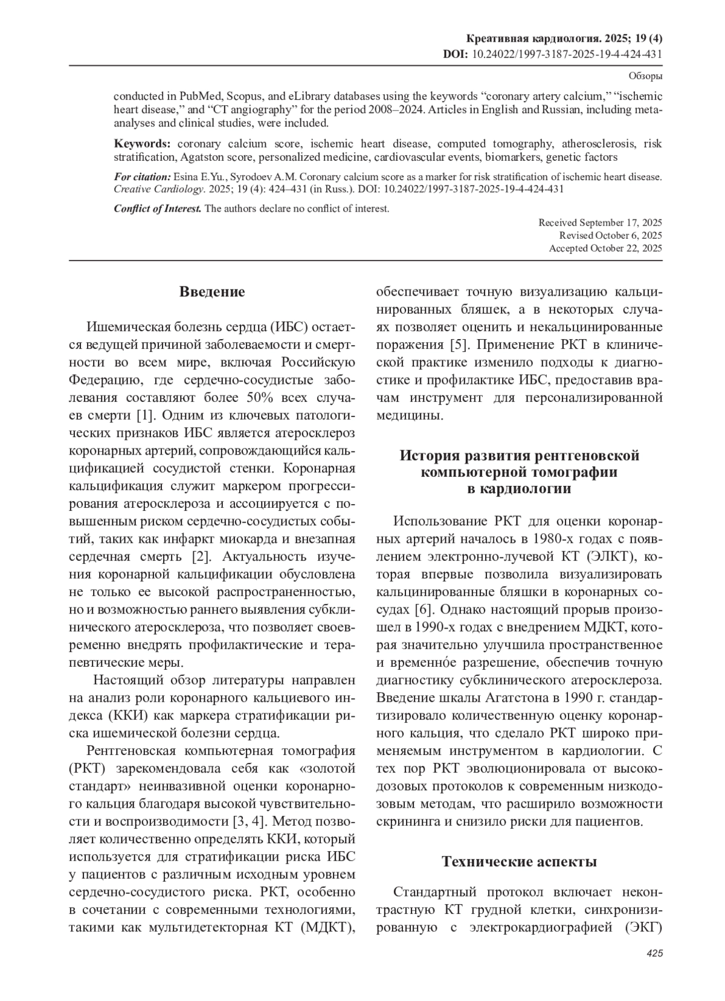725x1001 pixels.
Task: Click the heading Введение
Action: [212, 292]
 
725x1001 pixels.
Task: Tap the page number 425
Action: [654, 953]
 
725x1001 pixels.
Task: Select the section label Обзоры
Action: [645, 76]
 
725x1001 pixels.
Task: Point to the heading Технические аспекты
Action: [519, 861]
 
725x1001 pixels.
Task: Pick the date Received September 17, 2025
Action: [600, 222]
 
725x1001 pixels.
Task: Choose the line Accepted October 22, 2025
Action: [605, 248]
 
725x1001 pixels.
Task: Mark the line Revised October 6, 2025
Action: [610, 235]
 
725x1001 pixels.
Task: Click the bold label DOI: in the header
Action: [456, 54]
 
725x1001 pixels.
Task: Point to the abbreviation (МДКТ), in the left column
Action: [327, 928]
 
